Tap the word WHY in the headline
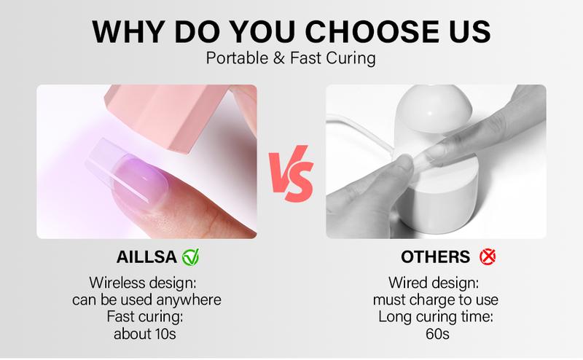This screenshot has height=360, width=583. (128, 32)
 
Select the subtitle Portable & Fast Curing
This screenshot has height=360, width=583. (291, 58)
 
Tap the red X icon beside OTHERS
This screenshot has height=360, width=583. (487, 257)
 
